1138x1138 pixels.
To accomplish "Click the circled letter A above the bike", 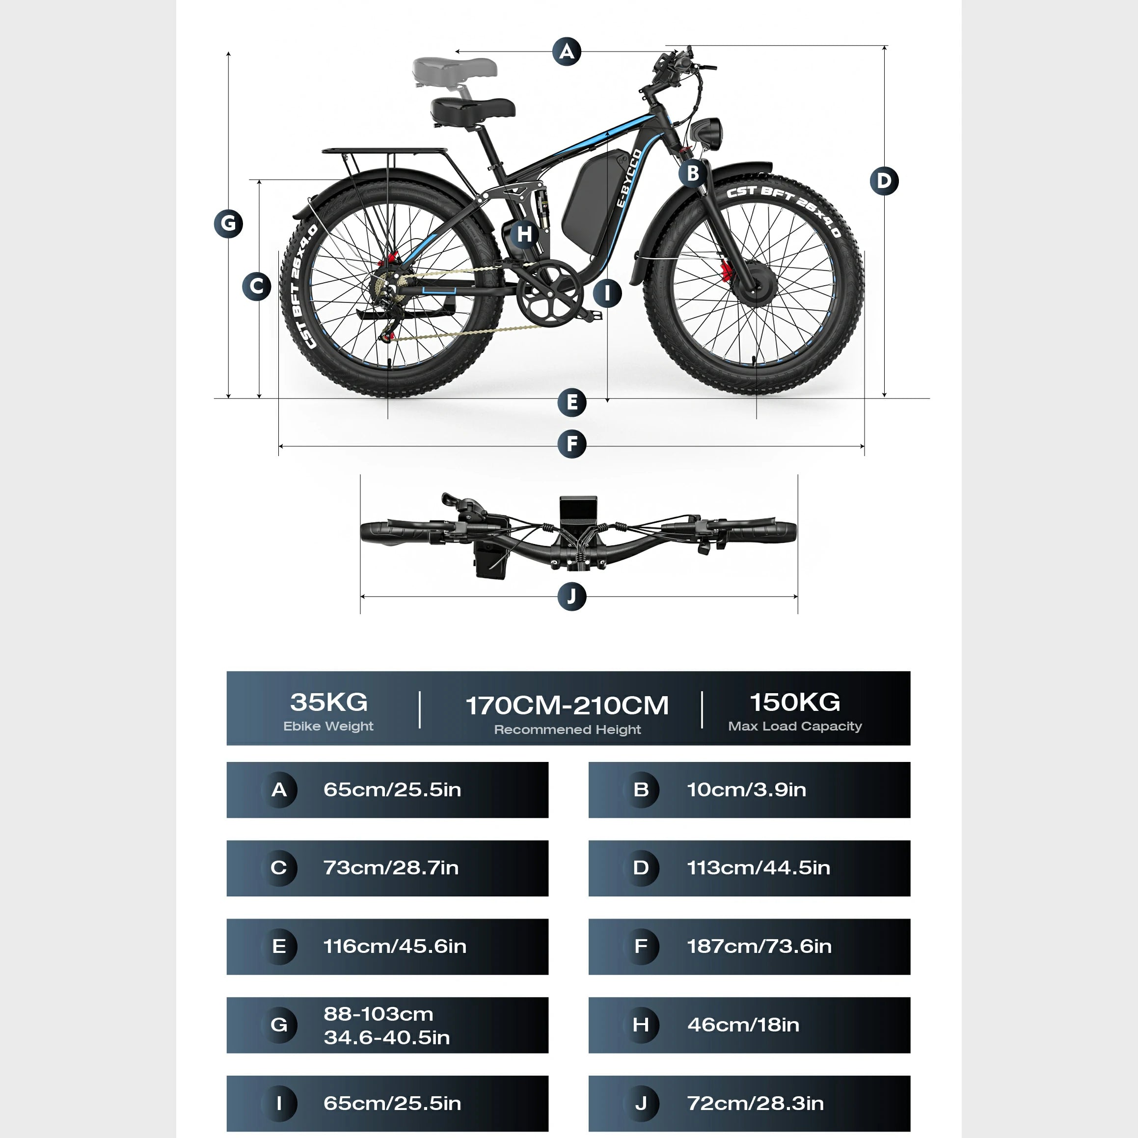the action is pos(567,52).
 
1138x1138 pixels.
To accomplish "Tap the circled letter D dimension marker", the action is pos(884,181).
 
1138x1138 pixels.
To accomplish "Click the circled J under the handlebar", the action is pos(572,596).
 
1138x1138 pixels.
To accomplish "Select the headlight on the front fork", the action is pos(707,133).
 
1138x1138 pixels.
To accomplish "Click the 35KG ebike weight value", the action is pos(328,702).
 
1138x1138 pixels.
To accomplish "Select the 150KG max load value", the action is pos(795,702).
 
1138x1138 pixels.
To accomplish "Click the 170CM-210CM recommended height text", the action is pos(567,705).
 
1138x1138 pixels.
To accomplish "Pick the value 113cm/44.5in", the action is pos(759,867).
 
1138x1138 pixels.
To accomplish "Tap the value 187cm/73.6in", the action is pos(759,946).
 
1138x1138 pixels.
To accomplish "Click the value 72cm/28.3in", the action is pos(756,1103).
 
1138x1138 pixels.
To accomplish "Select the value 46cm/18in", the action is pos(743,1025).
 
